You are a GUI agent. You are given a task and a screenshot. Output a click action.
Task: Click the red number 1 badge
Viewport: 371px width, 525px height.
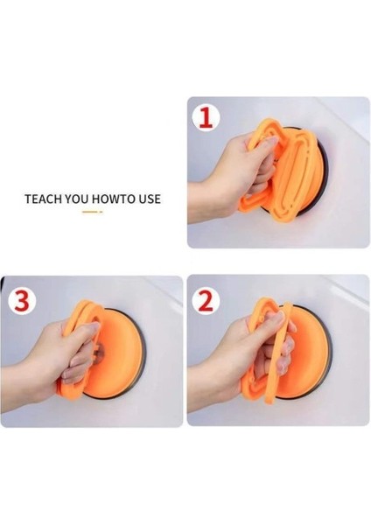point(206,118)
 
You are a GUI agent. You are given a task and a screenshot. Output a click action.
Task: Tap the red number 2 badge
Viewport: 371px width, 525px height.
point(206,300)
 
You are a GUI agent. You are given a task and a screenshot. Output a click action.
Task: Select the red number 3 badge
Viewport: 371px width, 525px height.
point(22,300)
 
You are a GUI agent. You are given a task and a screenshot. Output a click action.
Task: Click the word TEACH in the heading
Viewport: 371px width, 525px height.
point(43,199)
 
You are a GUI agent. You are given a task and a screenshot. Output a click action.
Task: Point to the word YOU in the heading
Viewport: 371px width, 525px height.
point(77,199)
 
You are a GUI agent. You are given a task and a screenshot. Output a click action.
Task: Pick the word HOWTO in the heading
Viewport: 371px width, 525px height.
point(109,199)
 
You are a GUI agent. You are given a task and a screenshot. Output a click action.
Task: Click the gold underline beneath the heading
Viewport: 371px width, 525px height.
point(93,212)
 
